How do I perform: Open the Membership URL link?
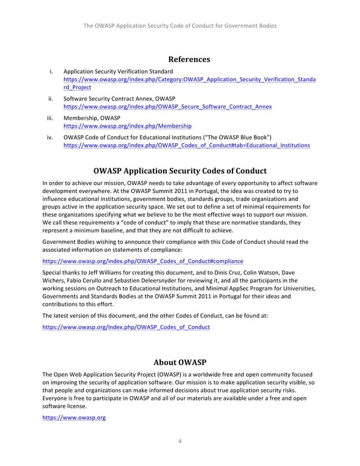[127, 126]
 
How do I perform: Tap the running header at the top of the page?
[180, 27]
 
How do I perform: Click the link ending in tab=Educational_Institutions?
[186, 145]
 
